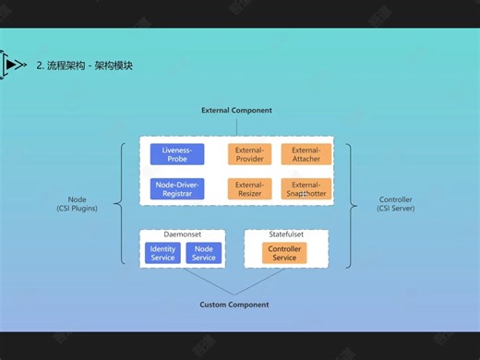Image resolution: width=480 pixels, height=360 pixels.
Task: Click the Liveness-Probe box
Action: point(177,154)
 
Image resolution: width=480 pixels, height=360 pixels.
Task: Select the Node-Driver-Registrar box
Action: point(177,188)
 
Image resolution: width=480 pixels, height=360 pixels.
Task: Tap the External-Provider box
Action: point(249,154)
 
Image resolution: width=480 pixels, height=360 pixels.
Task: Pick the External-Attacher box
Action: point(306,154)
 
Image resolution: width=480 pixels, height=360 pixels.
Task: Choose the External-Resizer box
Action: point(249,188)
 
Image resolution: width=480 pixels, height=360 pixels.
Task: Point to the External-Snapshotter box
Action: point(306,188)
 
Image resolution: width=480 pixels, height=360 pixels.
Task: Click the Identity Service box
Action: point(162,253)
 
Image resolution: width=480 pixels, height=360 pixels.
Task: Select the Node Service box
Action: point(204,253)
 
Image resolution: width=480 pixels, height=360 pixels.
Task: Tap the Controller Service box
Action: point(284,253)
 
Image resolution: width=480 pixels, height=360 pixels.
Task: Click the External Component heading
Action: point(237,111)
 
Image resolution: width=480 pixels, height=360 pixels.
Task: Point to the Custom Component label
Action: point(234,305)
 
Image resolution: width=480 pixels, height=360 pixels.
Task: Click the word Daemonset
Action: point(182,234)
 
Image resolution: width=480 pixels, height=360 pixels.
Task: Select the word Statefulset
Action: point(285,234)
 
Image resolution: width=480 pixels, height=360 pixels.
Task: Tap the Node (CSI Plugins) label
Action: point(77,204)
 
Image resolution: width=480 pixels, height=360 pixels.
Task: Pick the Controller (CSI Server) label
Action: point(396,204)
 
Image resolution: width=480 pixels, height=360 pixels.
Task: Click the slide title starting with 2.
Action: point(84,66)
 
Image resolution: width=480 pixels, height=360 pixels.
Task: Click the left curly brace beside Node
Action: point(120,204)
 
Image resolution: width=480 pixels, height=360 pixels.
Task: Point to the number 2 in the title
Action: point(39,66)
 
